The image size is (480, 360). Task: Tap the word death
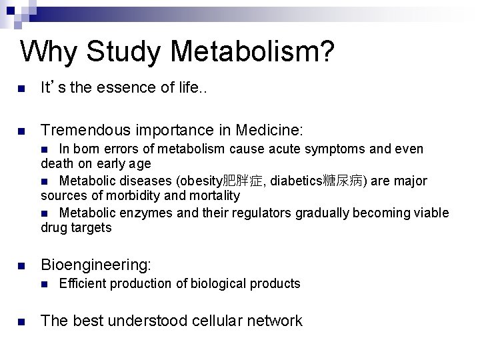pos(56,163)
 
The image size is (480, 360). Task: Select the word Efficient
pos(83,284)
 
